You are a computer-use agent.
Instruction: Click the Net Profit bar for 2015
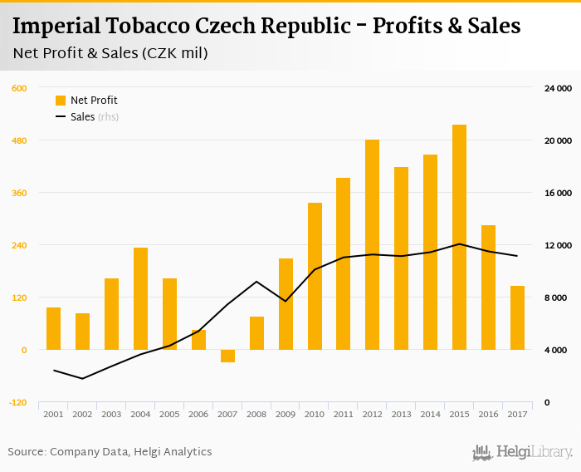459,237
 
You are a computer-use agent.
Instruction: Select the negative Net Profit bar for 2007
227,356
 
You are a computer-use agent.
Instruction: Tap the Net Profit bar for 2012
372,244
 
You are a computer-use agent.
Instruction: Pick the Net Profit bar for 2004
140,298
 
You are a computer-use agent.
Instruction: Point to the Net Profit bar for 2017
517,317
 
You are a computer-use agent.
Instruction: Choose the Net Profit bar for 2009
286,304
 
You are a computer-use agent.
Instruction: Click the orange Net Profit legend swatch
61,101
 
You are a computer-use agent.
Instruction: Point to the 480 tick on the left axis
18,140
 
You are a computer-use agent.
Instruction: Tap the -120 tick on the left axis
17,403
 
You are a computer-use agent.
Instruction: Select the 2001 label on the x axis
53,414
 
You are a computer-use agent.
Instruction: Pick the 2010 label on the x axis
315,414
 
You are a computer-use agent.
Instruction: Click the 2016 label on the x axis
488,414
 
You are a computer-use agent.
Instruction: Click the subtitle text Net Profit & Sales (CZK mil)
110,54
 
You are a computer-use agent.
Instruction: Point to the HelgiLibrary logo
523,453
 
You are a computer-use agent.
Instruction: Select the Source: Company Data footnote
110,452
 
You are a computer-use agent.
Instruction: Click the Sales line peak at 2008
256,282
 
